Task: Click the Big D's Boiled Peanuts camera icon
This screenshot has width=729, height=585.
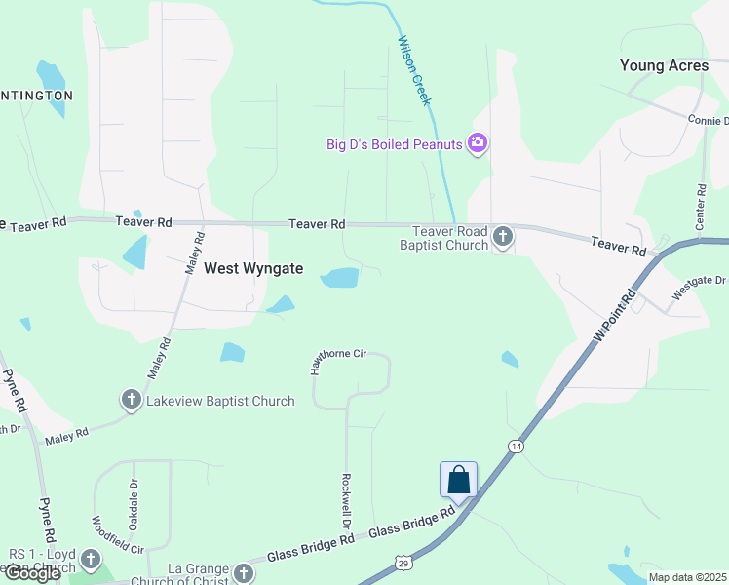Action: (478, 144)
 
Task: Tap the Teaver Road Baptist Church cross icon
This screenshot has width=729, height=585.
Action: (502, 236)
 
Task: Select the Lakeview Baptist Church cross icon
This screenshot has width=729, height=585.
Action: (131, 399)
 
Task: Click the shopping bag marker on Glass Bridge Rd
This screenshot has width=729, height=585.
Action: (458, 480)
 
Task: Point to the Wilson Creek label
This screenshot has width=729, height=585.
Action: (414, 71)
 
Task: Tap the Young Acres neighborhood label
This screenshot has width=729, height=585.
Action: (664, 65)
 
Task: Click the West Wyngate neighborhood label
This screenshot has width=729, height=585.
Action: (252, 268)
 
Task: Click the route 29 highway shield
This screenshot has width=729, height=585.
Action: (403, 562)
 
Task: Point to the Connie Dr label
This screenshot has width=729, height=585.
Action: (708, 120)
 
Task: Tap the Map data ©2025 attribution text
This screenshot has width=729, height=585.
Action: (687, 577)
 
